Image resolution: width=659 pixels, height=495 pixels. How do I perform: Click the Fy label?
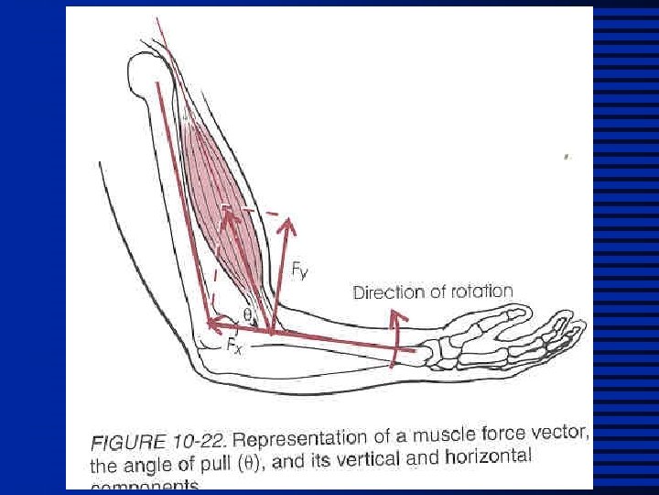(299, 269)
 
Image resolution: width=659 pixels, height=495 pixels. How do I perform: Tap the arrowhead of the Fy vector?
(288, 224)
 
